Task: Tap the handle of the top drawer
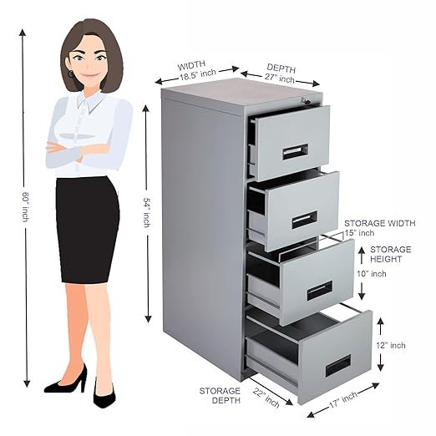click(296, 152)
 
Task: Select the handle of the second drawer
click(305, 220)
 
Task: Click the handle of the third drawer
click(320, 291)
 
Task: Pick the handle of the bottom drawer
click(338, 366)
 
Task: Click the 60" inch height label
click(26, 207)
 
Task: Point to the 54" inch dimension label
click(147, 212)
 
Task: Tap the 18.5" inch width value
click(197, 75)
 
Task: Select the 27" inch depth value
click(279, 78)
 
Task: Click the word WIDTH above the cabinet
click(191, 66)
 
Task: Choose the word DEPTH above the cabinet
click(281, 68)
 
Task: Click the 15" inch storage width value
click(359, 233)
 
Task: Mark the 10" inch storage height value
click(372, 274)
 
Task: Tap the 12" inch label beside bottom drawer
click(391, 346)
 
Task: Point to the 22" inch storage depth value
click(266, 398)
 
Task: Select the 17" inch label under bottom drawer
click(343, 400)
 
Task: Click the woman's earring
click(71, 74)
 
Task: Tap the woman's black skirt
click(88, 230)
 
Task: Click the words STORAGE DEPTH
click(220, 396)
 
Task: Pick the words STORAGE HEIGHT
click(390, 254)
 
